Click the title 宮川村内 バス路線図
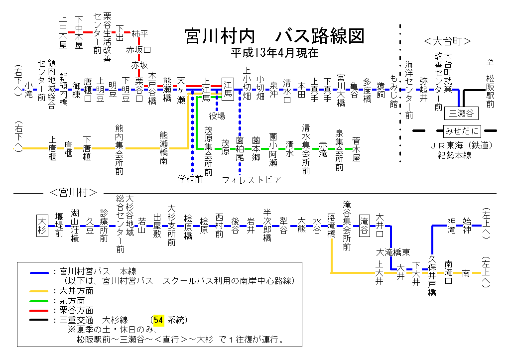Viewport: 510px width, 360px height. [274, 36]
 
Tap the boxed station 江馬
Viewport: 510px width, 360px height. [228, 89]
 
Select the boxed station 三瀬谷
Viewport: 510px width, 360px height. [461, 113]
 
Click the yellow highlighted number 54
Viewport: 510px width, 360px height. [159, 319]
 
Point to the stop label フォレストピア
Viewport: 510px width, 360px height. [251, 179]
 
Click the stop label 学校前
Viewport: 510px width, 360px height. [190, 179]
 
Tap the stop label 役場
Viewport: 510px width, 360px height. [217, 116]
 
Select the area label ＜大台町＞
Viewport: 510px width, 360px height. [447, 40]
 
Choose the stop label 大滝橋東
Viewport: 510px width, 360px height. [393, 252]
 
